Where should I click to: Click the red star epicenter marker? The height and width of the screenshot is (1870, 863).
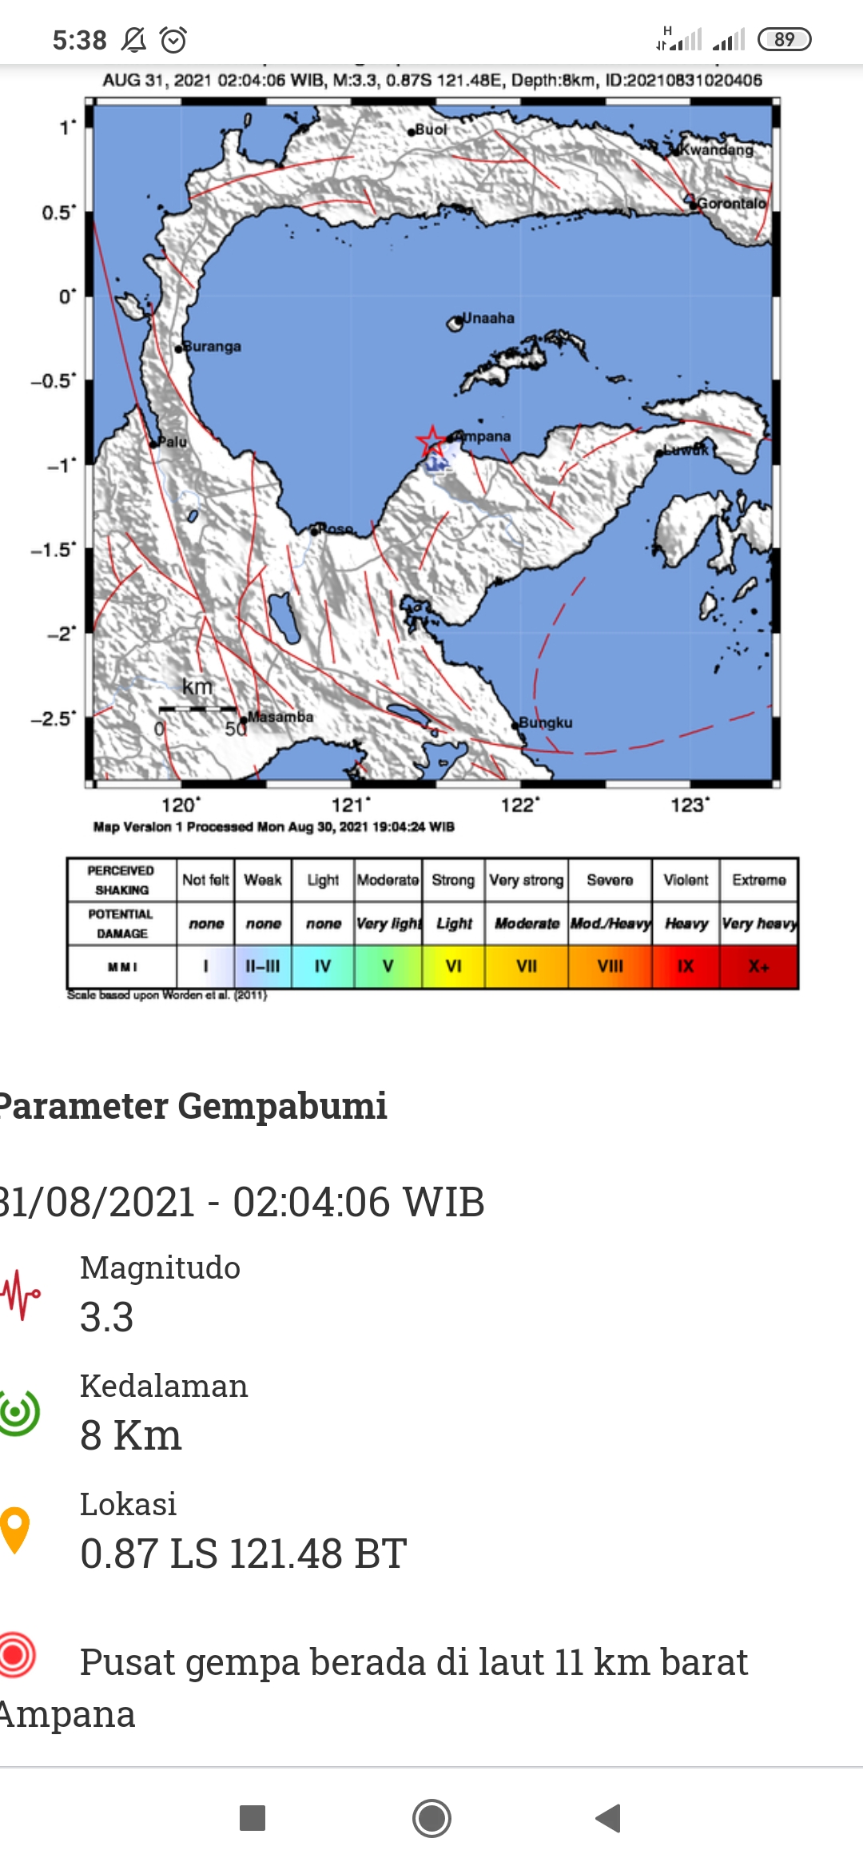431,440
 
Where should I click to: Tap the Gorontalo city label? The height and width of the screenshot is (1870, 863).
731,203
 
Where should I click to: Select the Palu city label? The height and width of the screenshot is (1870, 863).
172,442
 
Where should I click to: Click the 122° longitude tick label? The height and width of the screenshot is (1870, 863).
520,805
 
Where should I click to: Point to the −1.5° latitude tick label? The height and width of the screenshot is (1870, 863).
54,550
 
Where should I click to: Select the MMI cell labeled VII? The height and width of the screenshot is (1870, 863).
527,966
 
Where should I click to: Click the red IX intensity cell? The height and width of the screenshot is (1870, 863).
686,966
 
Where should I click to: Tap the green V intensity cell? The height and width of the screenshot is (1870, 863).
388,966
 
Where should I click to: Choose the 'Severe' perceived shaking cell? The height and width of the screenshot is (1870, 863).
610,880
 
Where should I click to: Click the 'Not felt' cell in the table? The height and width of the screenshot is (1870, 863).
205,880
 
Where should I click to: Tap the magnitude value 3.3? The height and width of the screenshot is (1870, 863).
107,1317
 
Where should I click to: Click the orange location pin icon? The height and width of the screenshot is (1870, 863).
15,1529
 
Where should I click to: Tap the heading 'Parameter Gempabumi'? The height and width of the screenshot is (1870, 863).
193,1106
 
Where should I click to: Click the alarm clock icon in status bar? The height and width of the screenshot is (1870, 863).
173,39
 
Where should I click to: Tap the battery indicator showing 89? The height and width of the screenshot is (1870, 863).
784,39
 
